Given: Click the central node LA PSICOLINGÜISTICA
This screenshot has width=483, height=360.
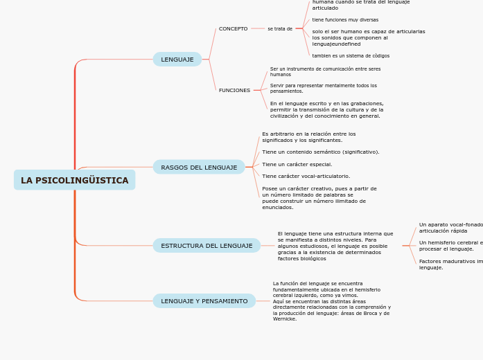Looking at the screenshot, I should (x=74, y=180).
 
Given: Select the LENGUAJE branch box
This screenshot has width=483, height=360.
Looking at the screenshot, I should (x=177, y=60).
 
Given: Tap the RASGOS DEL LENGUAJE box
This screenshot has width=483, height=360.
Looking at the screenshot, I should (x=199, y=168).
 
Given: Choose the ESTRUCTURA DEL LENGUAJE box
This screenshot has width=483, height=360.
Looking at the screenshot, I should (x=207, y=246).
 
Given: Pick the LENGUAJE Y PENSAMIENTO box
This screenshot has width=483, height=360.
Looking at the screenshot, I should (x=204, y=301).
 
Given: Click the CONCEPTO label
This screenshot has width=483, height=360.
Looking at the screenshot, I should (x=233, y=29).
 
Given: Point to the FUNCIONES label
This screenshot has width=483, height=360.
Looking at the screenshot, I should (x=234, y=91).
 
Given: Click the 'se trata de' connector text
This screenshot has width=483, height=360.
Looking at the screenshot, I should (x=280, y=29).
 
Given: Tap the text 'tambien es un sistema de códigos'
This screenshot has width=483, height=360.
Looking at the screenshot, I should (x=351, y=55).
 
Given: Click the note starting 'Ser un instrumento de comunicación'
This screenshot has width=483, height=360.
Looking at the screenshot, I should (x=325, y=71).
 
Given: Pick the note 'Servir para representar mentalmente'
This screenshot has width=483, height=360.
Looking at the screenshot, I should (x=324, y=88).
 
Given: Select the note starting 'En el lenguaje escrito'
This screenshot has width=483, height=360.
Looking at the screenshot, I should (x=326, y=109).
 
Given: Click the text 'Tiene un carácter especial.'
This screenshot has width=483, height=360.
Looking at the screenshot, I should (x=297, y=165).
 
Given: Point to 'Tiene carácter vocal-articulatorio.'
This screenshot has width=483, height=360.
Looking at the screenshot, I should (x=306, y=177).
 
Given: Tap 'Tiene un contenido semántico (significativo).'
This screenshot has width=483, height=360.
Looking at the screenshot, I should (x=320, y=152).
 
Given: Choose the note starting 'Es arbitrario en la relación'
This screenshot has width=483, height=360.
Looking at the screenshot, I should (x=308, y=137).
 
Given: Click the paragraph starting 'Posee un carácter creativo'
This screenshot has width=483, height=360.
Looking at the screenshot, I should (x=319, y=198).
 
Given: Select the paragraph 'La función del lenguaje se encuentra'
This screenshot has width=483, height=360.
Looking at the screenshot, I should (x=331, y=301).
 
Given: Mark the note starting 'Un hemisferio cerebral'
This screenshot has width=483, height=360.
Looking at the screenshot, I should (x=450, y=246).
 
